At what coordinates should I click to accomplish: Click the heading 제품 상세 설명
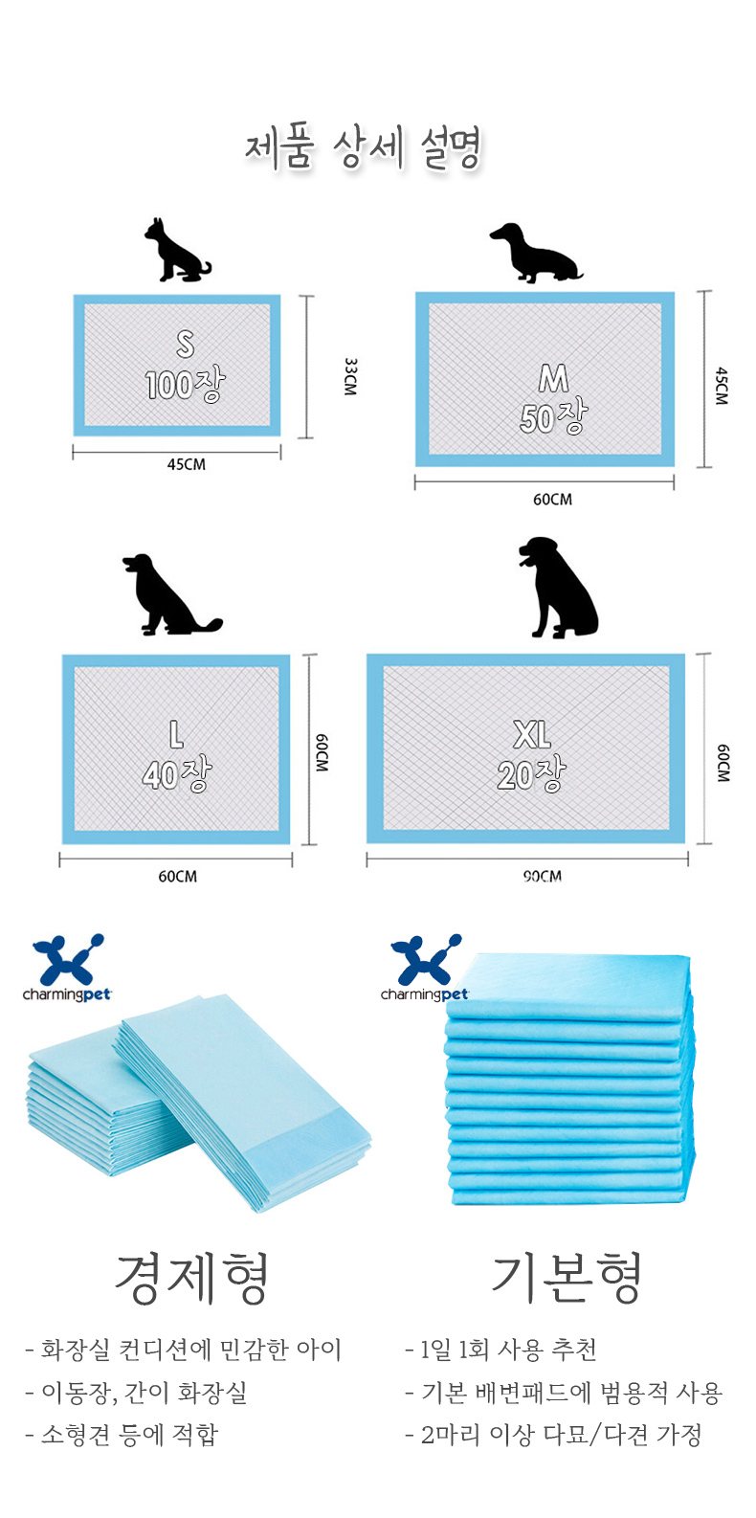coord(363,148)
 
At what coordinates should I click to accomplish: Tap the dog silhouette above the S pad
coord(177,250)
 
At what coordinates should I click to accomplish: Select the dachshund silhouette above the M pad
coord(536,252)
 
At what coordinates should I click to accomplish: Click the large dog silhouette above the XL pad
coord(558,588)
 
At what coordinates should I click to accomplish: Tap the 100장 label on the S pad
coord(185,385)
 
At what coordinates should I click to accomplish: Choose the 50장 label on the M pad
coord(554,416)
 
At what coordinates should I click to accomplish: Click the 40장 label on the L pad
coord(177,774)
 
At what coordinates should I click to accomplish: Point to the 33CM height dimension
coord(349,377)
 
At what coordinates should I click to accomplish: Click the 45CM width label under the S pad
coord(187,465)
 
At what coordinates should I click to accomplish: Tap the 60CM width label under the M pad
coord(553,500)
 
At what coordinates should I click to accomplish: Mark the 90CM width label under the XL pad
coord(543,876)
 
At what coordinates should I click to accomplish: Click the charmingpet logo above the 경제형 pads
coord(67,967)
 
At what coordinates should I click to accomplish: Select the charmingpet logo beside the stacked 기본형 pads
coord(425,967)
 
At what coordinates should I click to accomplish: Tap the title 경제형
coord(193,1278)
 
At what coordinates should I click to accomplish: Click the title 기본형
coord(567,1277)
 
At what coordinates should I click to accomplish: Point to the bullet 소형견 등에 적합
coord(122,1435)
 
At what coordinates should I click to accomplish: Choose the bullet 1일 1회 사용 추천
coord(501,1350)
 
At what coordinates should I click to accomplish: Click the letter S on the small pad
coord(185,344)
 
